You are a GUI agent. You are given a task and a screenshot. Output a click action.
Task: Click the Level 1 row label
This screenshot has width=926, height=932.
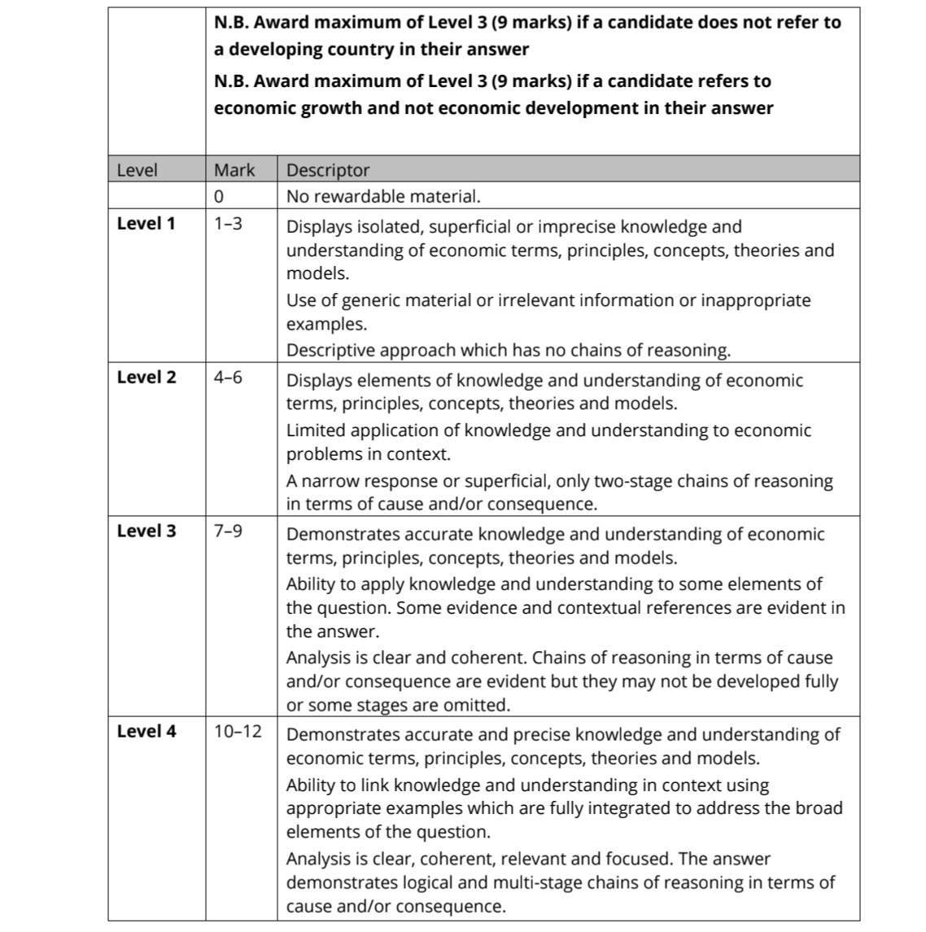tap(146, 223)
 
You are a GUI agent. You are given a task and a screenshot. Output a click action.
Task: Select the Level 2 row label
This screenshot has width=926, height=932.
tap(146, 377)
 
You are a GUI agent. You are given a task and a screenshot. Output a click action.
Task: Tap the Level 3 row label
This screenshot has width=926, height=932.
tap(146, 531)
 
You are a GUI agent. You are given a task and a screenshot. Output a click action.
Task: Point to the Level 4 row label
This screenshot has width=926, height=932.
tap(146, 731)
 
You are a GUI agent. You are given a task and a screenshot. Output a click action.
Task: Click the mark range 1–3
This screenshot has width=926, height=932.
tap(228, 223)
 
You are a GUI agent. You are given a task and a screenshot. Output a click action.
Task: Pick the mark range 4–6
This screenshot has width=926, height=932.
tap(228, 377)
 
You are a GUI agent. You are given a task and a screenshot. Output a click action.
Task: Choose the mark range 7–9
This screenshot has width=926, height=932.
tap(228, 531)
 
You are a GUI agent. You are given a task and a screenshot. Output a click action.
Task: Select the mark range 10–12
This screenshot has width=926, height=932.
tap(238, 731)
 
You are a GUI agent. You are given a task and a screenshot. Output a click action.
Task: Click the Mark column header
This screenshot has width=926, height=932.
tap(234, 170)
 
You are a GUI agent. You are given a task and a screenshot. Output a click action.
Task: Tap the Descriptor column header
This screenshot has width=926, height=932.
tap(328, 170)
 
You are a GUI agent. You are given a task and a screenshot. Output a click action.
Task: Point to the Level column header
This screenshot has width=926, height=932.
tap(137, 170)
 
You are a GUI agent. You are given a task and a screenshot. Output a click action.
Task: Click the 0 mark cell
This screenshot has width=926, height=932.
tap(219, 196)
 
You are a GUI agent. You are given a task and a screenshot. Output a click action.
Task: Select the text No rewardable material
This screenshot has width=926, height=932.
tap(383, 196)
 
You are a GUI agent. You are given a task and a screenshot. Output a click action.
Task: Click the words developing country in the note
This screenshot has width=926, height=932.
tap(313, 49)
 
